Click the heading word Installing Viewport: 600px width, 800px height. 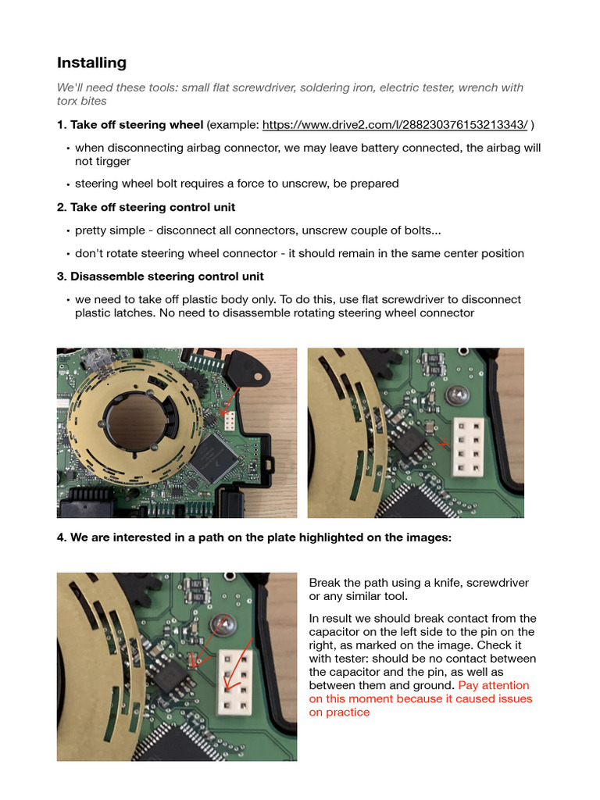91,62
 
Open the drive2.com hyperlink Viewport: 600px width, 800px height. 395,125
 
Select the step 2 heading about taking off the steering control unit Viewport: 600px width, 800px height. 146,207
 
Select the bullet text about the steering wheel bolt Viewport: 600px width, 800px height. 237,184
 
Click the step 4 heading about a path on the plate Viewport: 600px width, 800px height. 254,537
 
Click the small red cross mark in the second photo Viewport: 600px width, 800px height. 444,444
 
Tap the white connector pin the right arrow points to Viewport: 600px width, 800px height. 231,688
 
